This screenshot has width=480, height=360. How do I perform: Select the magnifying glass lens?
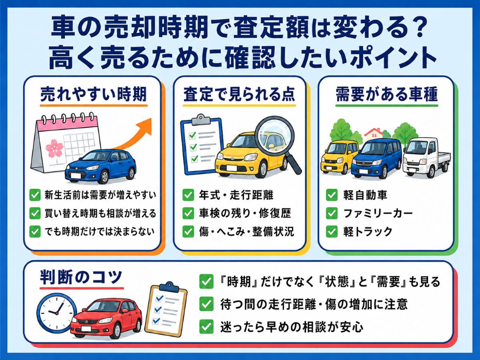click(x=273, y=136)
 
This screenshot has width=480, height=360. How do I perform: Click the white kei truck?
click(x=426, y=156)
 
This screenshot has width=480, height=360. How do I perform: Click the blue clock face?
click(x=57, y=313)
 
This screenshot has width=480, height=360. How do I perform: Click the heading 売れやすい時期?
click(x=93, y=95)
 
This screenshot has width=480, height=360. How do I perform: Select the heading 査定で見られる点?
click(x=239, y=95)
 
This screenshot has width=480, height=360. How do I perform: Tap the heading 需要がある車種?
click(x=387, y=95)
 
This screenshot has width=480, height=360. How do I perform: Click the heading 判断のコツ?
click(x=81, y=277)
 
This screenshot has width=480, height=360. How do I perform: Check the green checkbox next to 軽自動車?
click(x=332, y=195)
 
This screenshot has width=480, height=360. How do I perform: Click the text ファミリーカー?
click(x=378, y=213)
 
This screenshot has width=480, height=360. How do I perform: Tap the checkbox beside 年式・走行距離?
click(x=188, y=195)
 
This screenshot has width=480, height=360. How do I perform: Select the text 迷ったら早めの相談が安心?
click(x=292, y=327)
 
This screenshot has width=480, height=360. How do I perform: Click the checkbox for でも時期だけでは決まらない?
click(x=35, y=232)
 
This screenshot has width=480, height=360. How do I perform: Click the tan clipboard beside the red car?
click(x=166, y=310)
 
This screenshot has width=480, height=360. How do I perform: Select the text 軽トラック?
click(x=368, y=232)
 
